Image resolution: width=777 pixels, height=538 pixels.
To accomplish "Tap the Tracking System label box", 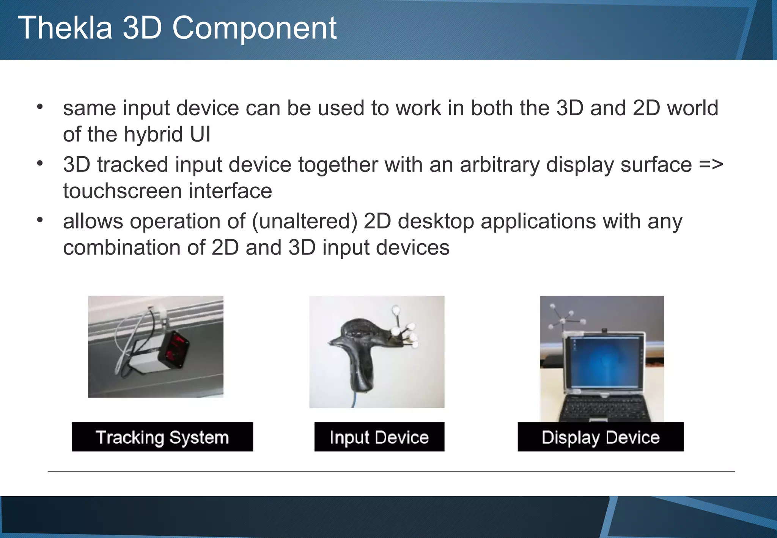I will pyautogui.click(x=162, y=437).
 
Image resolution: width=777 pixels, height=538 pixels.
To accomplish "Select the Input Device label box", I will pyautogui.click(x=379, y=437).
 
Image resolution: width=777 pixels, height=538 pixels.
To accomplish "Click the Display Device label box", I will pyautogui.click(x=600, y=437).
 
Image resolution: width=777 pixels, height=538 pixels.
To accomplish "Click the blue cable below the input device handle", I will pyautogui.click(x=354, y=400).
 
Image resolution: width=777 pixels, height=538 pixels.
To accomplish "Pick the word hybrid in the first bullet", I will pyautogui.click(x=154, y=134).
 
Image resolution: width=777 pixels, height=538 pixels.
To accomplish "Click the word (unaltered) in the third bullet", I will pyautogui.click(x=305, y=221).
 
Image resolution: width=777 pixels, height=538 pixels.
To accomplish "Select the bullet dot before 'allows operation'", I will pyautogui.click(x=40, y=220).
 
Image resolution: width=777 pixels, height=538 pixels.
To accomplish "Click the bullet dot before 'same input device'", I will pyautogui.click(x=40, y=107).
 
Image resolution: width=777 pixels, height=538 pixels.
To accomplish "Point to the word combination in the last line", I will pyautogui.click(x=121, y=248).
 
